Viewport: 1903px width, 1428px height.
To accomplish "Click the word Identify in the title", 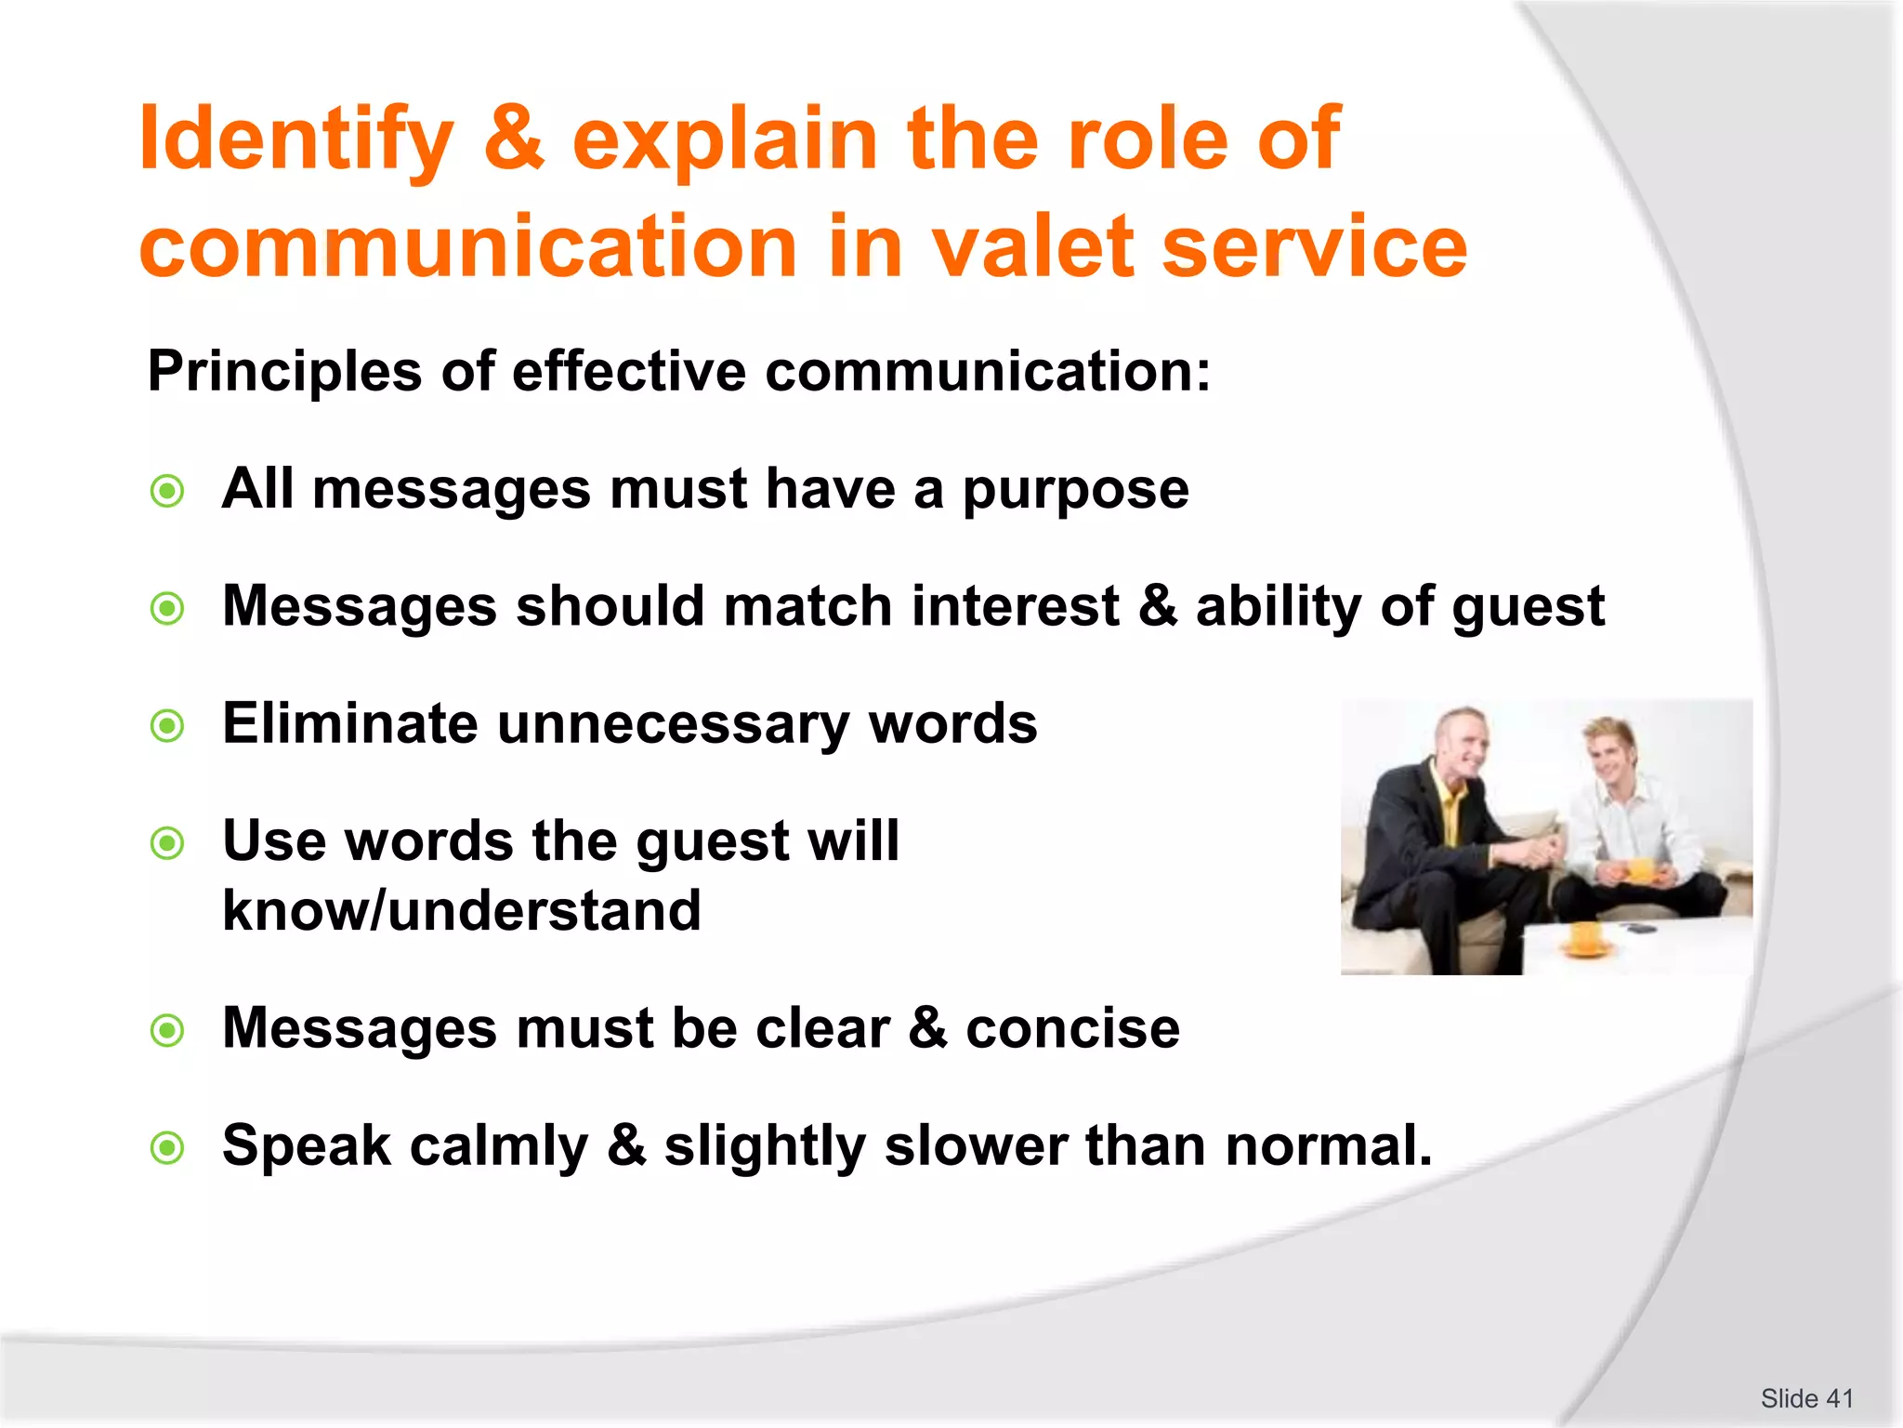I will pos(295,139).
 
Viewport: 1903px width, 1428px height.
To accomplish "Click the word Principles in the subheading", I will pos(284,372).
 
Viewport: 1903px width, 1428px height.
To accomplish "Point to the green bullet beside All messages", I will pos(167,491).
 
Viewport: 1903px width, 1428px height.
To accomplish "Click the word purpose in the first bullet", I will pos(1075,491).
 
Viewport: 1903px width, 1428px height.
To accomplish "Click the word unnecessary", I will pos(673,725).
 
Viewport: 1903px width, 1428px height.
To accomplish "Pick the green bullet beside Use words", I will pos(167,843).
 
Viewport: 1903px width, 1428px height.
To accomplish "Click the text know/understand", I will pos(462,911).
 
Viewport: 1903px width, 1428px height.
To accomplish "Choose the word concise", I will pos(1072,1028).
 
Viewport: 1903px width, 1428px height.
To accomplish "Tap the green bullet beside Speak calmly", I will pos(167,1147).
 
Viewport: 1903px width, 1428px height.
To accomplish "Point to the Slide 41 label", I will pos(1806,1398).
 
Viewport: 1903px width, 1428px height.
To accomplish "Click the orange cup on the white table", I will pos(1585,937).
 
